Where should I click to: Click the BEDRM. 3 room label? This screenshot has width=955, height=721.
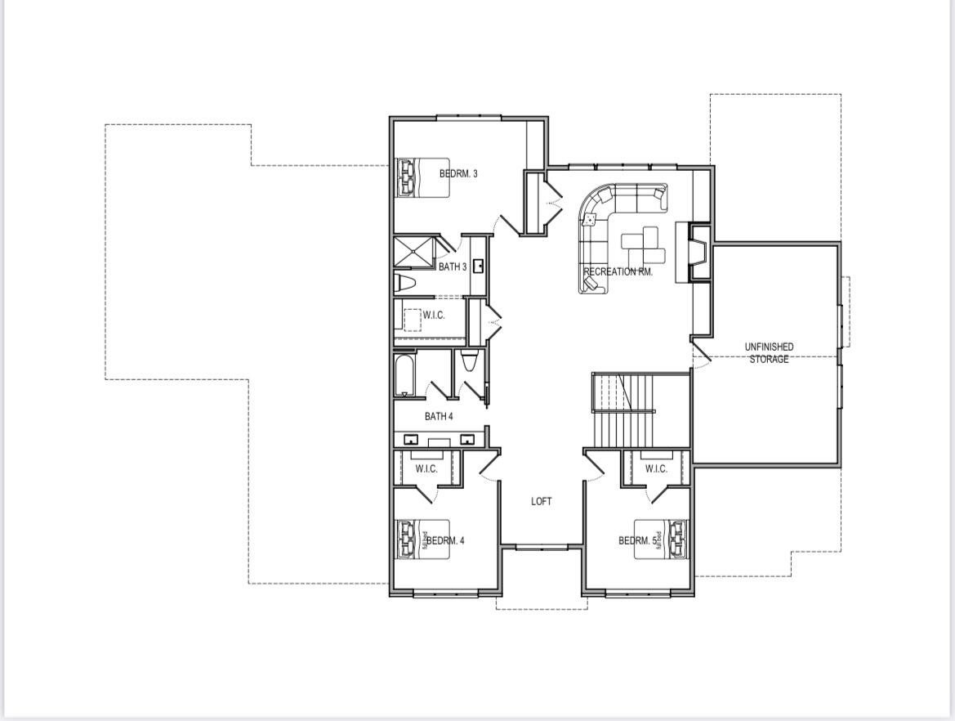[457, 173]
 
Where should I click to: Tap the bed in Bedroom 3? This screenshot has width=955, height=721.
[423, 177]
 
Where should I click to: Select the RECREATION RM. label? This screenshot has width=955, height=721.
[618, 271]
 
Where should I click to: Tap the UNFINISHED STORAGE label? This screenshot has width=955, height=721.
[769, 353]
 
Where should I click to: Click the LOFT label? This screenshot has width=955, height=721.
[542, 501]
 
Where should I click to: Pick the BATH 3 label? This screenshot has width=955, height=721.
[453, 266]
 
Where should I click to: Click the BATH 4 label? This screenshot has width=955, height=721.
[439, 416]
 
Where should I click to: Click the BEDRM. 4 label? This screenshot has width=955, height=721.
[447, 540]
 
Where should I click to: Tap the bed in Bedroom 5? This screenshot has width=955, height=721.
[663, 540]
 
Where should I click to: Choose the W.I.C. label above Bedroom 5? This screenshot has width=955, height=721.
[656, 468]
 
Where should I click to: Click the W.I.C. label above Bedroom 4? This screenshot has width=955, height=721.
[426, 468]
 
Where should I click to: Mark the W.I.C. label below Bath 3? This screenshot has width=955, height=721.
[434, 316]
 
